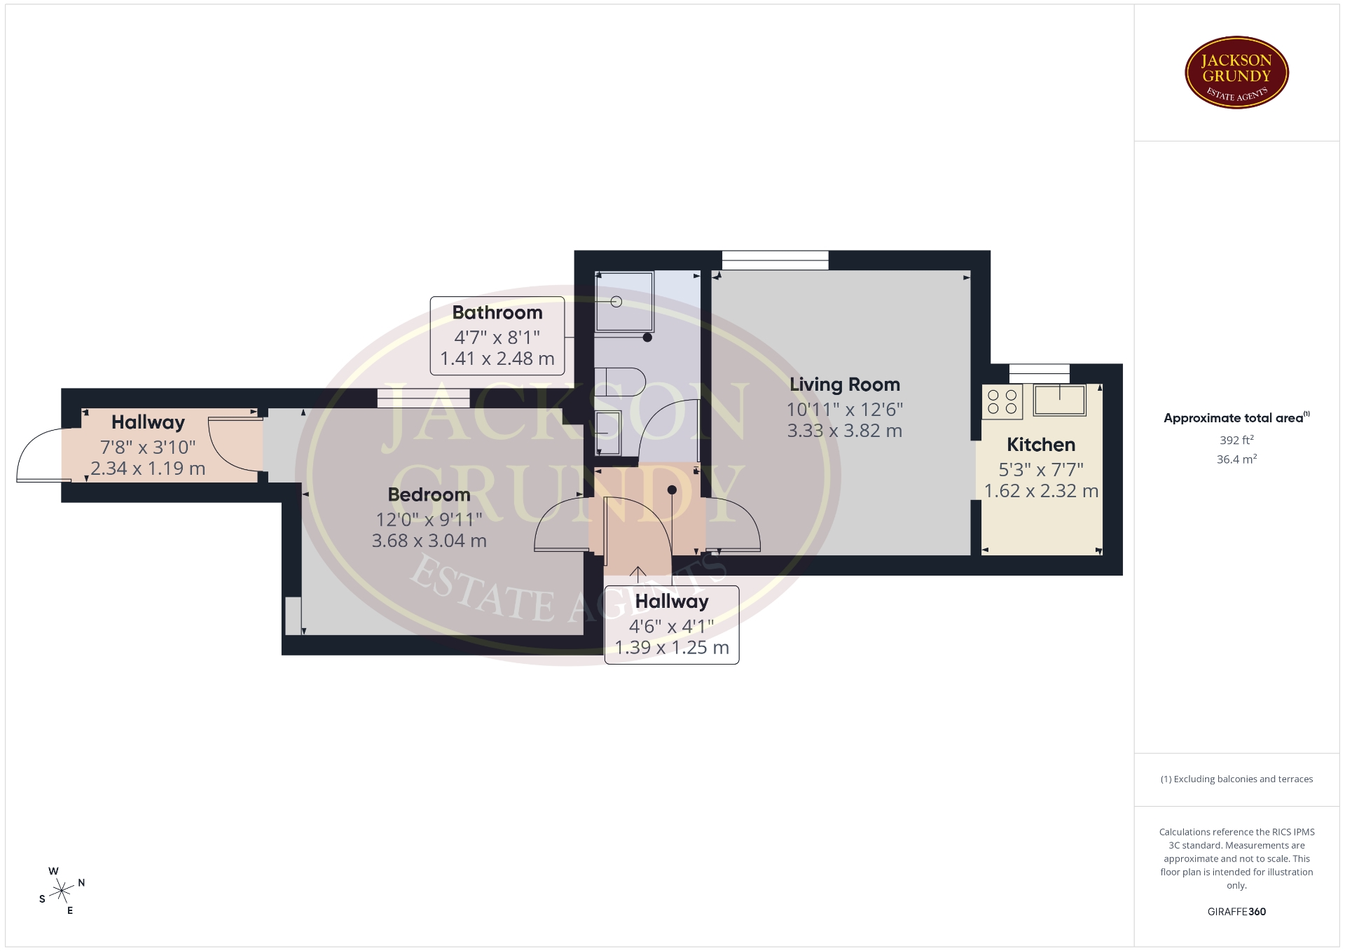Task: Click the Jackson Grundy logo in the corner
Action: pos(1236,73)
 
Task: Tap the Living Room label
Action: pos(844,384)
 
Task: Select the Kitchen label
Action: pos(1041,445)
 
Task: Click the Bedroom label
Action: pos(429,494)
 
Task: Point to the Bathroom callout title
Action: pos(497,312)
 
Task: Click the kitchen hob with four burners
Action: pos(1002,401)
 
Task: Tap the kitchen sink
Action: pos(1059,400)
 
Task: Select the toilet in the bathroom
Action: pos(619,382)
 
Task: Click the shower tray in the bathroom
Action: pos(624,301)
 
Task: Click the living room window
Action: pos(775,260)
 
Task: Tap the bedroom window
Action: pos(423,398)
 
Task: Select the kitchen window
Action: pos(1039,373)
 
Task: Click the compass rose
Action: pos(62,891)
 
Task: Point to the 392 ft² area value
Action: pos(1236,440)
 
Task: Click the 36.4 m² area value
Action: pos(1236,459)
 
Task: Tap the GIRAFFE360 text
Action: pos(1236,912)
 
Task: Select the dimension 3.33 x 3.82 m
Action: pos(844,431)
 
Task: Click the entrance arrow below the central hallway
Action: pos(637,574)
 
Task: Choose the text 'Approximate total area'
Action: pos(1233,418)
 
